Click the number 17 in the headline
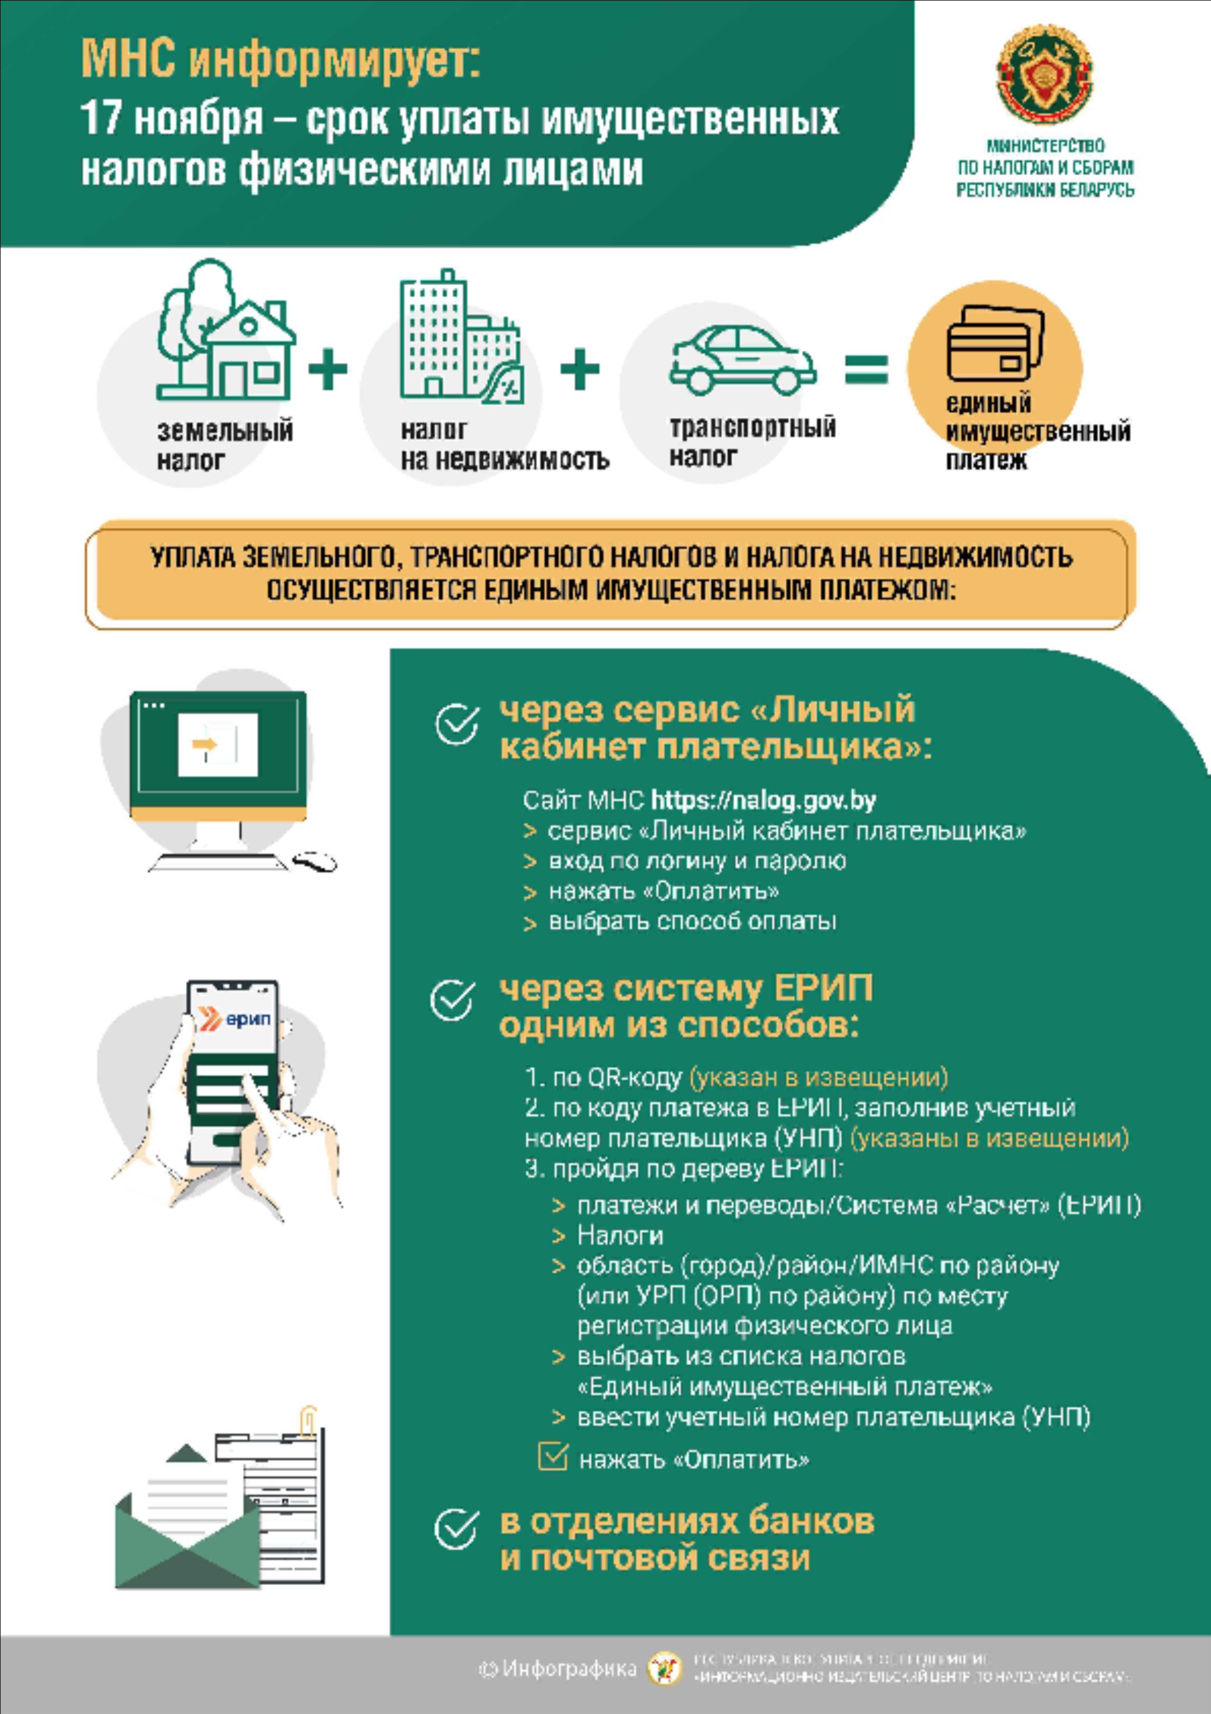tap(101, 119)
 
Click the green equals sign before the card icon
tap(866, 369)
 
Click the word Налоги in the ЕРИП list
tap(619, 1235)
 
